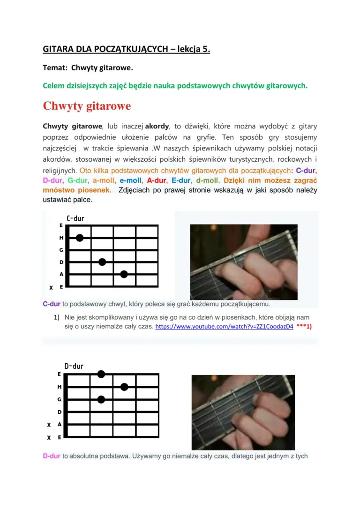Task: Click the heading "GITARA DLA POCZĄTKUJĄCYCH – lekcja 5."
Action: click(126, 49)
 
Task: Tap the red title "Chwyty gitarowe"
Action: click(87, 106)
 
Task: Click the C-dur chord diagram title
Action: click(75, 218)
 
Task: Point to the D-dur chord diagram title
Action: click(74, 366)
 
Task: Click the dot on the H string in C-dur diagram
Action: click(80, 238)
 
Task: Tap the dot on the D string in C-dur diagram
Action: click(102, 262)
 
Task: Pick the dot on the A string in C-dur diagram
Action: click(124, 274)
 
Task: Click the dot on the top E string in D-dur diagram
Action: click(101, 374)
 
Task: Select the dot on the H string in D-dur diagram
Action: click(124, 387)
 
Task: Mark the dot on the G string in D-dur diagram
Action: click(101, 399)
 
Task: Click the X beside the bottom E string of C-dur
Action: click(51, 287)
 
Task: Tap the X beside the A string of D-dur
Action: click(49, 425)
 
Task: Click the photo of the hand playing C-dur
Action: click(243, 262)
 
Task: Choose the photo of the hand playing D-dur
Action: click(243, 412)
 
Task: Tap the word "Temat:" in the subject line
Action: click(54, 68)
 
